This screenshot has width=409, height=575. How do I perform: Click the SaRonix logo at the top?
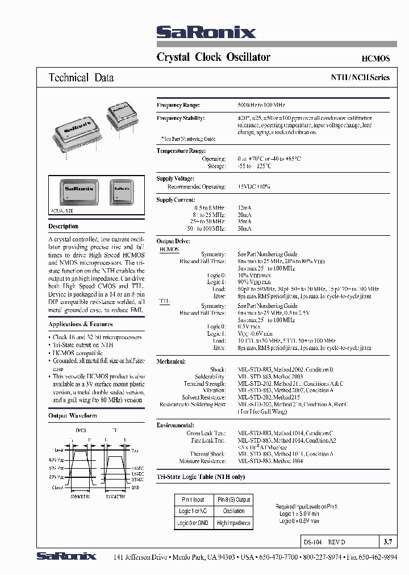(x=206, y=32)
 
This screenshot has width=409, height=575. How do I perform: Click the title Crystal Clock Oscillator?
(x=213, y=57)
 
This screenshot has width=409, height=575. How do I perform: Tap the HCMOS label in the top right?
(x=375, y=59)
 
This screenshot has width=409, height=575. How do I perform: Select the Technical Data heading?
(x=81, y=78)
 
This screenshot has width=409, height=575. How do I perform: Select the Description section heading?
(x=64, y=226)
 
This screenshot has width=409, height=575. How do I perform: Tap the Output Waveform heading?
(x=73, y=416)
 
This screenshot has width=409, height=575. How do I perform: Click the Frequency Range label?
(x=178, y=105)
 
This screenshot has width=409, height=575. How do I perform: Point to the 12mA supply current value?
(x=244, y=209)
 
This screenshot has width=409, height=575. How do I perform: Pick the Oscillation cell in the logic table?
(x=233, y=511)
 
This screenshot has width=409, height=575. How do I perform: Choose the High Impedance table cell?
(x=233, y=523)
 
